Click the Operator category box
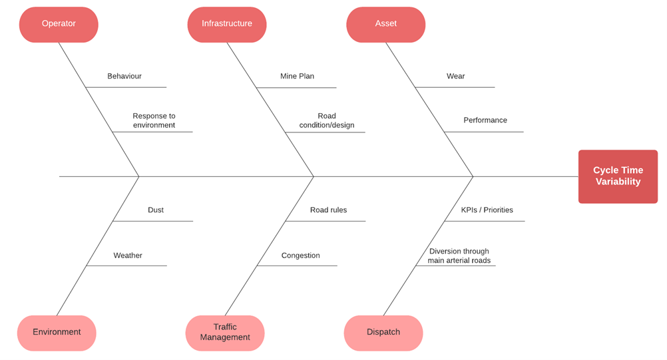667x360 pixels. pos(59,24)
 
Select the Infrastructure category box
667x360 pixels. pos(227,24)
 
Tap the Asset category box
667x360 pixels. pos(386,24)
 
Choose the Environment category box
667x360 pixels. pos(57,333)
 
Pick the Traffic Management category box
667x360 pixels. pos(225,333)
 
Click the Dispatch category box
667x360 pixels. pos(383,333)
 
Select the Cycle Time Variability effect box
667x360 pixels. pos(618,176)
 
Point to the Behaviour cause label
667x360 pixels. pos(124,76)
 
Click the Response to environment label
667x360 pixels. pos(154,120)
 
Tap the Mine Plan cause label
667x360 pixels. pos(297,76)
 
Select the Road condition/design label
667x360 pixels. pos(327,120)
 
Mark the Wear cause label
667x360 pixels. pos(455,76)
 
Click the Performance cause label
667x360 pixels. pos(485,120)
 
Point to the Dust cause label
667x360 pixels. pos(156,210)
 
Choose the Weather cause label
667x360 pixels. pos(128,255)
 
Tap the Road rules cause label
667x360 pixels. pos(328,210)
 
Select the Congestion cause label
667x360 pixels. pos(300,255)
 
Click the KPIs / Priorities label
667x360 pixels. pos(487,210)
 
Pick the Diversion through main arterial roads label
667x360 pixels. pos(459,256)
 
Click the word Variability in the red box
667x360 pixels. pos(618,182)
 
